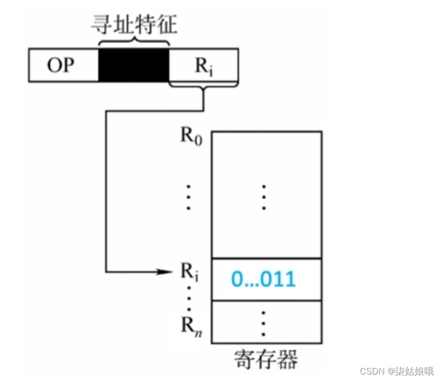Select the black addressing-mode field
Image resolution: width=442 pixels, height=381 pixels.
[x=134, y=65]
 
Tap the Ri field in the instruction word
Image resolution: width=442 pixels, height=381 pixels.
[x=203, y=65]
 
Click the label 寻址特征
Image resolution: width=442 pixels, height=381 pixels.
[x=134, y=23]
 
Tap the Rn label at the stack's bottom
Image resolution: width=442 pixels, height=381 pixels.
[x=189, y=325]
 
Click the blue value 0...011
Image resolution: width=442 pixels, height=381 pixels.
[x=263, y=279]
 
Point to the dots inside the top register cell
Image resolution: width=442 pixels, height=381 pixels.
[x=263, y=197]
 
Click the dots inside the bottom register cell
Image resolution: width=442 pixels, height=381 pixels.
[x=263, y=322]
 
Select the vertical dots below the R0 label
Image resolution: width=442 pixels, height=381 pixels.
[x=188, y=197]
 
